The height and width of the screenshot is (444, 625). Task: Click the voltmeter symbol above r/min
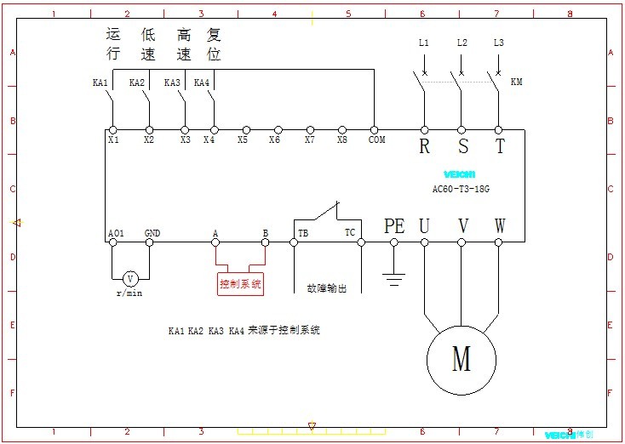pyautogui.click(x=130, y=278)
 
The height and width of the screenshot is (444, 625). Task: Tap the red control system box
pyautogui.click(x=241, y=284)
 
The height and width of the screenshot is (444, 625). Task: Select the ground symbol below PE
pyautogui.click(x=393, y=276)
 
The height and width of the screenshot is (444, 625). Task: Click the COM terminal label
pyautogui.click(x=376, y=139)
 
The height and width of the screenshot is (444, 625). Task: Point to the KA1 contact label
pyautogui.click(x=100, y=83)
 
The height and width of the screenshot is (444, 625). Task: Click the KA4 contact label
pyautogui.click(x=202, y=83)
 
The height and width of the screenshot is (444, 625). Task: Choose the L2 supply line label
pyautogui.click(x=462, y=43)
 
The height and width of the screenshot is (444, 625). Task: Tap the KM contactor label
pyautogui.click(x=517, y=83)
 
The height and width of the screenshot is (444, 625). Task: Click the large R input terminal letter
pyautogui.click(x=424, y=146)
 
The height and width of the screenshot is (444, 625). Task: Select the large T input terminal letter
pyautogui.click(x=500, y=146)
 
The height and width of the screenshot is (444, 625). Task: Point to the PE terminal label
pyautogui.click(x=393, y=225)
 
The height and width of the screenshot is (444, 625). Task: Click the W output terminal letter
pyautogui.click(x=500, y=225)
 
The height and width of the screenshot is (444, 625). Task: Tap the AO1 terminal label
pyautogui.click(x=116, y=232)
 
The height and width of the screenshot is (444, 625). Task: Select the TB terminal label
pyautogui.click(x=302, y=232)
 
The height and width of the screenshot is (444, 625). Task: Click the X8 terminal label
pyautogui.click(x=342, y=139)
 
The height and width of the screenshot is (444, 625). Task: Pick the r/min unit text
pyautogui.click(x=130, y=293)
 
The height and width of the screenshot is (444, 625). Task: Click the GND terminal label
pyautogui.click(x=152, y=232)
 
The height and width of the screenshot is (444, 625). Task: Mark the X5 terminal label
pyautogui.click(x=244, y=139)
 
